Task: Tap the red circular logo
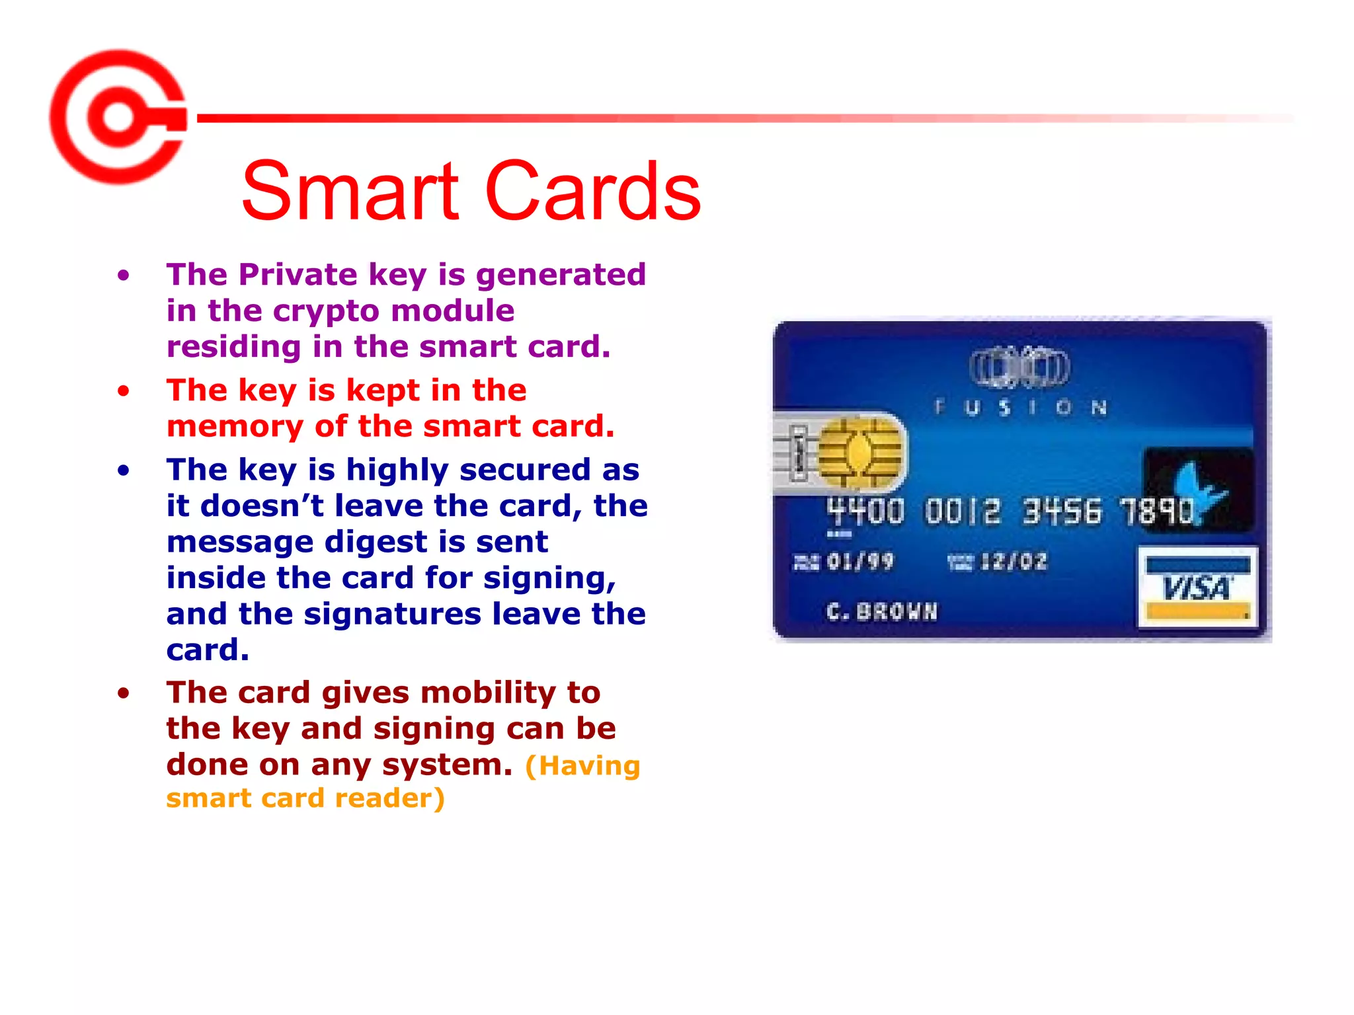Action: (x=118, y=117)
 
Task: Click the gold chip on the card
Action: (x=859, y=454)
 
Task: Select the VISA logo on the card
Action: (x=1197, y=587)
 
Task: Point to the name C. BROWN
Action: (x=882, y=611)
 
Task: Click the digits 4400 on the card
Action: (x=865, y=511)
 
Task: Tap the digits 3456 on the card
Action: (x=1062, y=511)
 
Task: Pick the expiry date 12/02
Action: (x=1014, y=562)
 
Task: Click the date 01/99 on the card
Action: (x=859, y=562)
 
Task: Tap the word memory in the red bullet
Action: (x=235, y=426)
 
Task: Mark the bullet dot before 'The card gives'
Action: (x=124, y=693)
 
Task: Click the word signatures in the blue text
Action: (x=393, y=614)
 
